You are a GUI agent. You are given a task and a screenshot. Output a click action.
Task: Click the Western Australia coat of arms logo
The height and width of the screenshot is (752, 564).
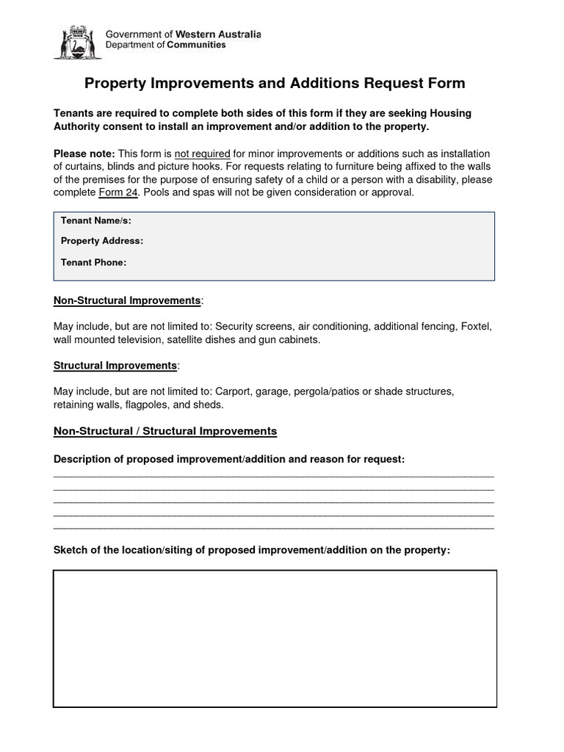click(76, 42)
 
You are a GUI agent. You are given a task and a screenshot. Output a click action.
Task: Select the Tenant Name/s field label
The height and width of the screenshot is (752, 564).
click(96, 220)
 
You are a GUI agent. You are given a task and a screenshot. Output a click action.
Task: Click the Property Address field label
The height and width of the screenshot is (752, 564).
click(102, 241)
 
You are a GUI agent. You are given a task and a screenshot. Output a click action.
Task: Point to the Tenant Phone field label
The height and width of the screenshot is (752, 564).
click(94, 262)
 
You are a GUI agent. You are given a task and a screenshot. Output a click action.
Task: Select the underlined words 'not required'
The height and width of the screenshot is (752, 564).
click(202, 153)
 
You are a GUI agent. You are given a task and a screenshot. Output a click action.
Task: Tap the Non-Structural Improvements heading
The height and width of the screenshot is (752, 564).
click(127, 301)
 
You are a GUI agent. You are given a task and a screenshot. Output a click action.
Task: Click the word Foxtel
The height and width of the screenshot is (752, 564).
click(476, 326)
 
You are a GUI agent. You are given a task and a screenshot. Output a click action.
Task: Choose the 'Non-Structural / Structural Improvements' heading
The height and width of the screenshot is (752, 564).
click(165, 431)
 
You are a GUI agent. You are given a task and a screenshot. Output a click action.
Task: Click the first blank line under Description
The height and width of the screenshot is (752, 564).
click(274, 477)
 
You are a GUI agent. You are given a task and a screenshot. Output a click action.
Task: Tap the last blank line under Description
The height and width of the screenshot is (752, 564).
click(274, 527)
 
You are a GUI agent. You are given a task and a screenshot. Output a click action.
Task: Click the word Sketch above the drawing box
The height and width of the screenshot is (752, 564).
click(71, 550)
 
